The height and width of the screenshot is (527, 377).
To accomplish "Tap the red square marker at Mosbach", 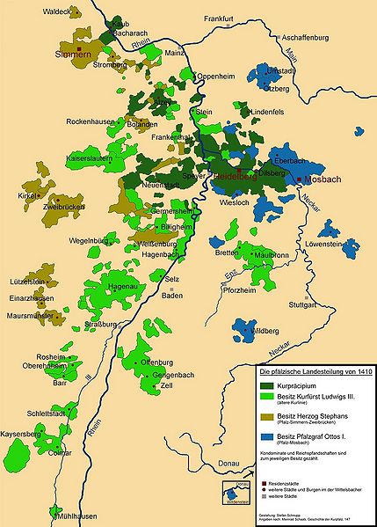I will point(301,179).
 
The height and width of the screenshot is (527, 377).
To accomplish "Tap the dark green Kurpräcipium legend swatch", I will point(270,384).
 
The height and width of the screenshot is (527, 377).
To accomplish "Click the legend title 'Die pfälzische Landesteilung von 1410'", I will point(311,372).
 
